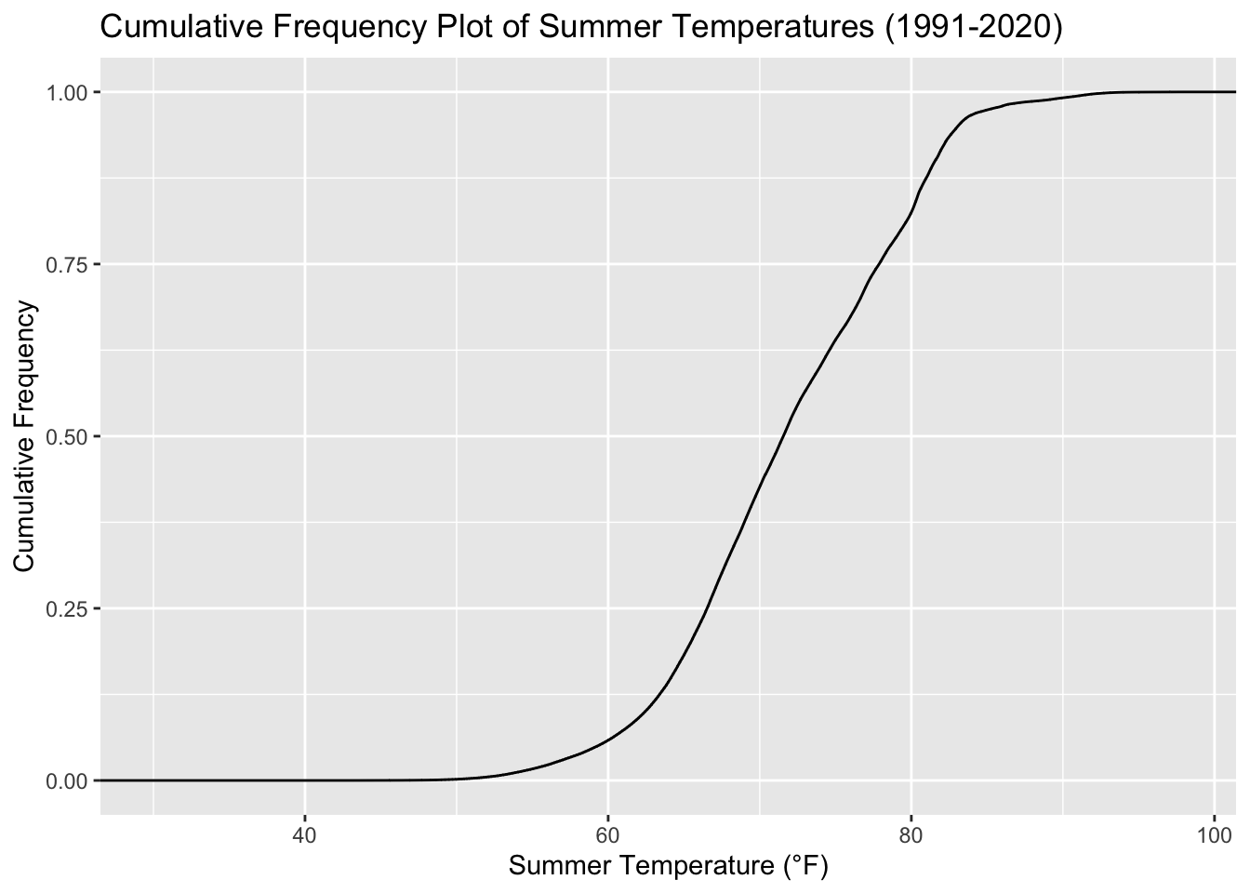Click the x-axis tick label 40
click(304, 833)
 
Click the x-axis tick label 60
click(607, 833)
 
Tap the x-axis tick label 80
click(911, 833)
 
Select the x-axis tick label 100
click(1214, 833)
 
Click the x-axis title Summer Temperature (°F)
click(668, 867)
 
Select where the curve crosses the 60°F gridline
click(607, 740)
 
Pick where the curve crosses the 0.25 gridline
click(708, 608)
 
